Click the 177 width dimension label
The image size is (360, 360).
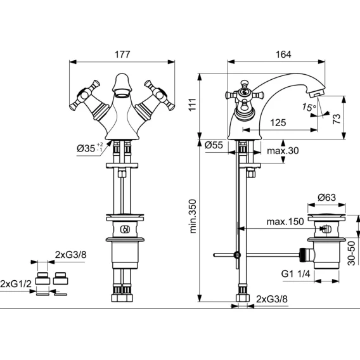(122, 55)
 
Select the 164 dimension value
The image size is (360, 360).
(283, 55)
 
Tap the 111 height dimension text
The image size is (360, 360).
(193, 105)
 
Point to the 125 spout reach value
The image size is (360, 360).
(278, 122)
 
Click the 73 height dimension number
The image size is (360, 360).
(337, 119)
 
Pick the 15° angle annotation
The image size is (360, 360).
(309, 107)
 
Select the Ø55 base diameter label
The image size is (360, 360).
(214, 145)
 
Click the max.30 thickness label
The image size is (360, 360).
(283, 151)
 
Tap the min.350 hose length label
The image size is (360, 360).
(193, 216)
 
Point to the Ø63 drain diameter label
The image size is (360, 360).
(326, 197)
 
